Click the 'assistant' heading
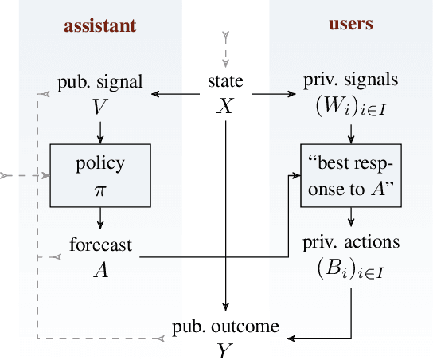[x=100, y=25]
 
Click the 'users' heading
[x=351, y=24]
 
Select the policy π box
[x=100, y=174]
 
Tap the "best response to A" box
[x=350, y=174]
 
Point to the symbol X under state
[x=226, y=105]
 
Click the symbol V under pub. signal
[x=100, y=105]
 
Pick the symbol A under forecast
[x=100, y=269]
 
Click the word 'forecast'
[x=100, y=246]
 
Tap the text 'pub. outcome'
[x=226, y=327]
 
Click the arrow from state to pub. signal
[x=175, y=95]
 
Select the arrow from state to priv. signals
[x=275, y=95]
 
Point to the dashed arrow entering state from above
[x=227, y=49]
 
